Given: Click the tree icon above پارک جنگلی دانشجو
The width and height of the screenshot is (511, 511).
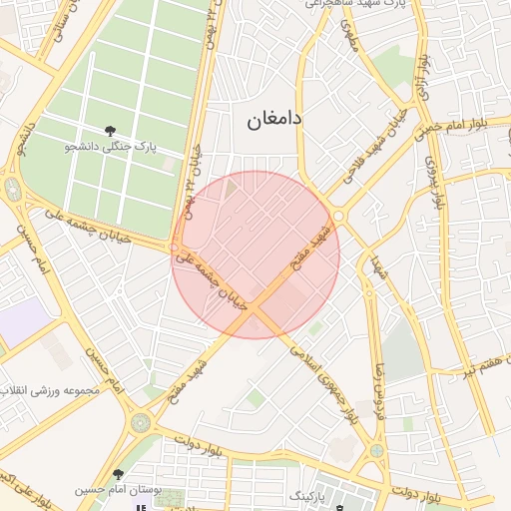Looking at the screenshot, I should click(111, 131).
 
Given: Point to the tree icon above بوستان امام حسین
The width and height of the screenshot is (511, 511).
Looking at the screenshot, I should click(119, 474).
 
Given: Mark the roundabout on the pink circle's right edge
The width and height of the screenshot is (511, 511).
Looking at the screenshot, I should click(338, 216).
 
